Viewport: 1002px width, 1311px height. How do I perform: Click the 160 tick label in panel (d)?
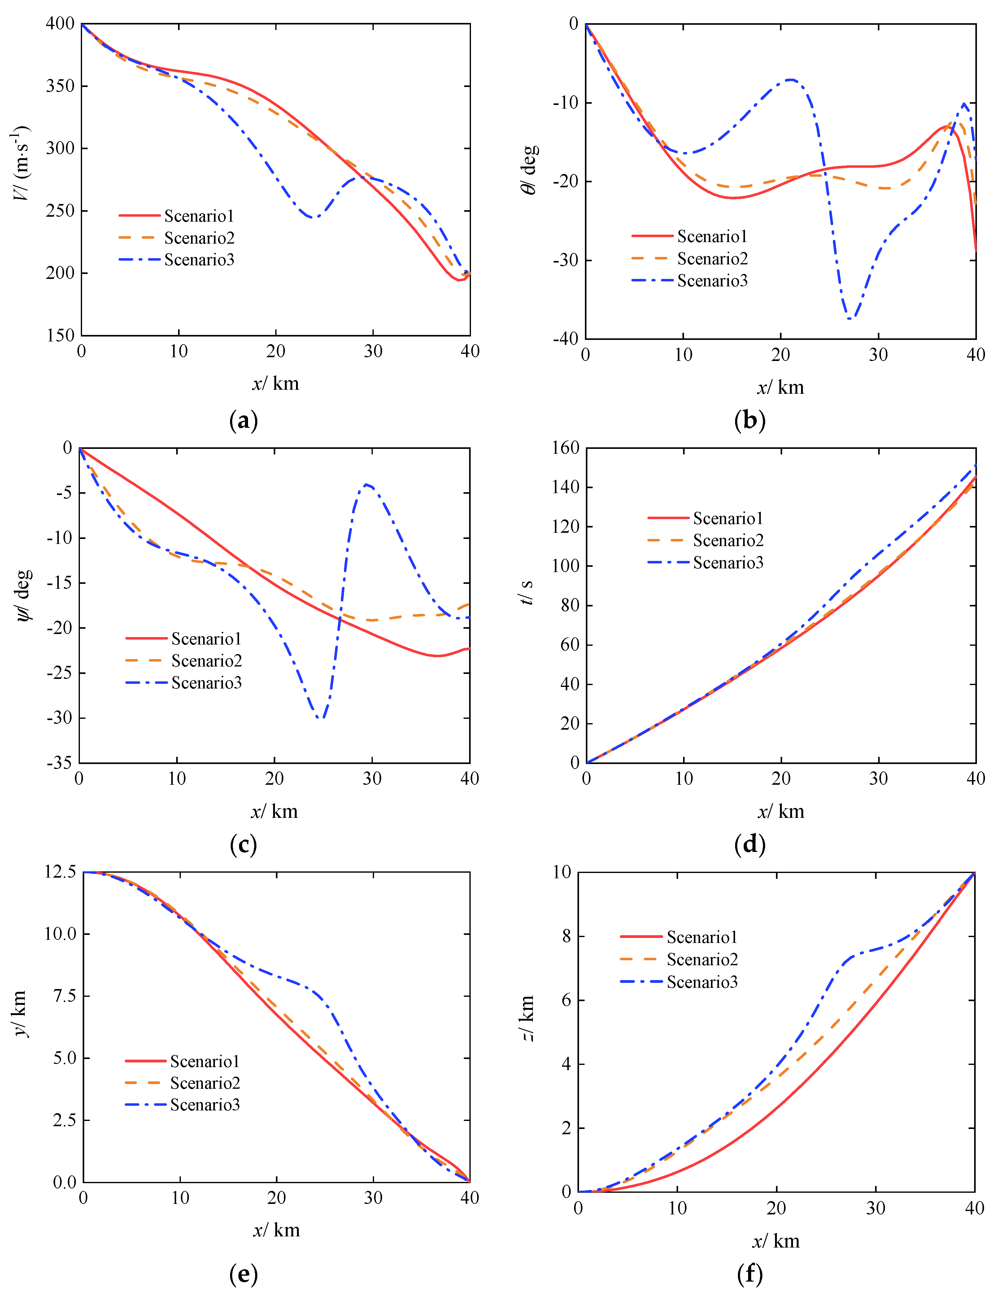[x=565, y=448]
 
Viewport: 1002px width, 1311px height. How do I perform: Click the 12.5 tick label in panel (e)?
[x=60, y=872]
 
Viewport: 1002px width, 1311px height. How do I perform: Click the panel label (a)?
[x=243, y=421]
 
